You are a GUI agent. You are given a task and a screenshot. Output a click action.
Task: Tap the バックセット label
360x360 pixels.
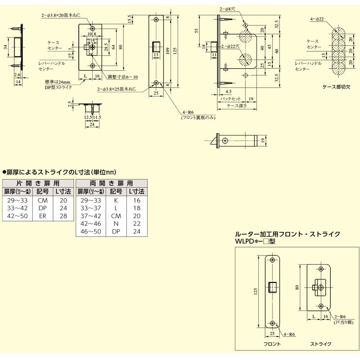[230, 99]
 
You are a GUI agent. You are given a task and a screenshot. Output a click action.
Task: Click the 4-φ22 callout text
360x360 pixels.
[318, 19]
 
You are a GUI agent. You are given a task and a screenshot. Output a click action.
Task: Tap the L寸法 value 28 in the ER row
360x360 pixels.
[63, 216]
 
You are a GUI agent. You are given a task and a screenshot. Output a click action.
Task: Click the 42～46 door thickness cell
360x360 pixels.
[90, 223]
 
